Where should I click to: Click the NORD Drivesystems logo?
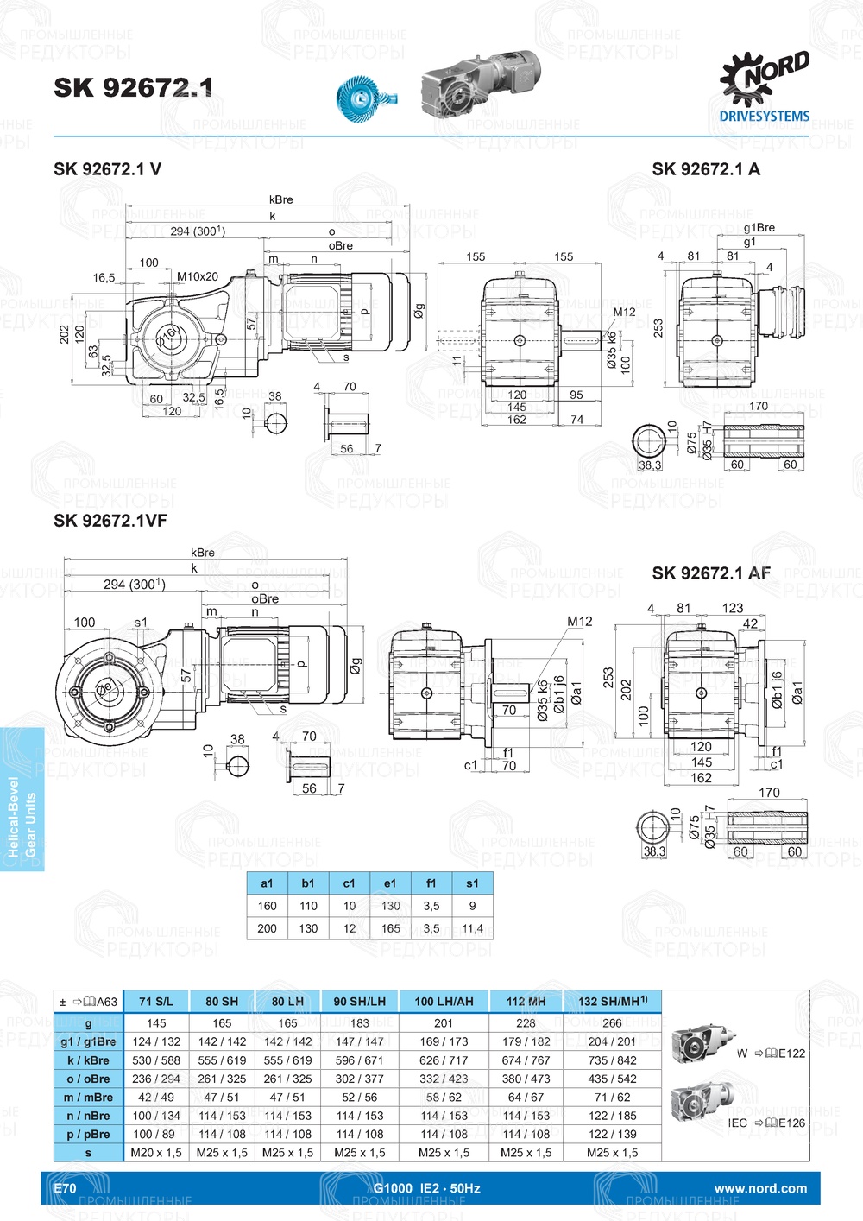[x=765, y=87]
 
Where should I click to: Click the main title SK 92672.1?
[x=133, y=87]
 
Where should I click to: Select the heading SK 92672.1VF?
[x=110, y=521]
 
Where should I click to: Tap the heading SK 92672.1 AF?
[x=711, y=573]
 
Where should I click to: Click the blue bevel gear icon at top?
[x=361, y=94]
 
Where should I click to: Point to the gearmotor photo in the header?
[x=480, y=83]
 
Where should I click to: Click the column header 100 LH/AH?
[x=444, y=1002]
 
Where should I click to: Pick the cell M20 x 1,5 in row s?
[x=156, y=1153]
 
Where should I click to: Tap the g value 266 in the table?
[x=612, y=1023]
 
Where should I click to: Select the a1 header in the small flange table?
[x=267, y=883]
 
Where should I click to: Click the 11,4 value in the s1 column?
[x=472, y=928]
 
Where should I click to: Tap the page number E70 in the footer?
[x=65, y=1188]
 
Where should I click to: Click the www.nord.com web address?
[x=760, y=1188]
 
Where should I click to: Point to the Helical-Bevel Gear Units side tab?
[x=22, y=799]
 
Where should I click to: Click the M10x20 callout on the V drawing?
[x=198, y=277]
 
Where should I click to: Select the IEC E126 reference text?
[x=766, y=1123]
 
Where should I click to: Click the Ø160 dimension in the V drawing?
[x=169, y=332]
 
